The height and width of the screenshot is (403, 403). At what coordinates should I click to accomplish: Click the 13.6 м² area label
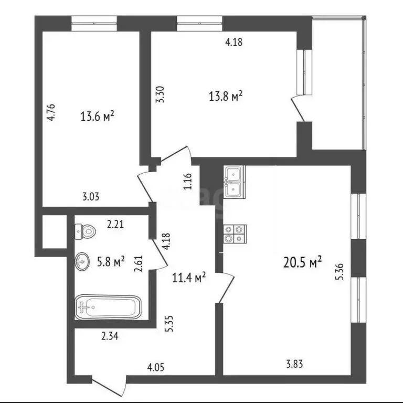tap(98, 116)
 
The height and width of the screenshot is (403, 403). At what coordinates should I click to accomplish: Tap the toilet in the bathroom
tap(85, 230)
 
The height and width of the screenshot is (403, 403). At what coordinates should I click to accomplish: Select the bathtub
tap(108, 307)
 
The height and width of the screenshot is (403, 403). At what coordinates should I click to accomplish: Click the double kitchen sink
tap(234, 182)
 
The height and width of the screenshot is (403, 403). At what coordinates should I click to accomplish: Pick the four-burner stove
tap(234, 234)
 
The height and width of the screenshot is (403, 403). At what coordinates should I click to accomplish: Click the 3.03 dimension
tap(91, 197)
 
